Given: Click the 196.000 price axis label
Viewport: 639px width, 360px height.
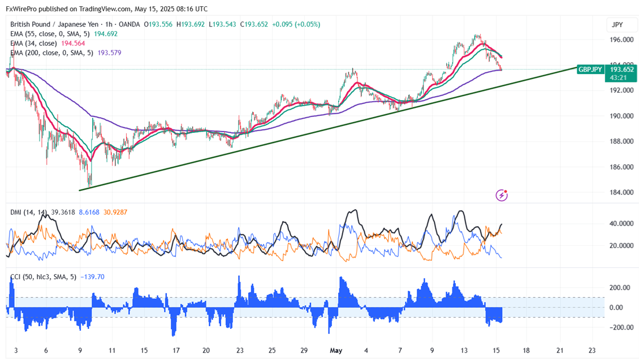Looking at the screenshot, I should pos(621,40).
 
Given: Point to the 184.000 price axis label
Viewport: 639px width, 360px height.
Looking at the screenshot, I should pos(621,193).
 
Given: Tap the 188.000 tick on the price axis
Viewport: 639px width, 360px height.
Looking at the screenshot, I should pos(621,142).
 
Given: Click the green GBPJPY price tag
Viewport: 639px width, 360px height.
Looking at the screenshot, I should pos(590,69).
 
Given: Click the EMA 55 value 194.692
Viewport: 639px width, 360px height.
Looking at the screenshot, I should pos(105,34).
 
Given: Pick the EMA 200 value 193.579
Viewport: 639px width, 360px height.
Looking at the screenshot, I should pos(110,53).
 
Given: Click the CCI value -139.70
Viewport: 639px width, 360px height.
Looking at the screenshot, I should pos(92,277).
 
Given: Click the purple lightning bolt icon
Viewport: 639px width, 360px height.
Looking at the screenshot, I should pos(502,196).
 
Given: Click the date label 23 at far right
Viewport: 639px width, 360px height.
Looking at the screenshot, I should pos(591,350).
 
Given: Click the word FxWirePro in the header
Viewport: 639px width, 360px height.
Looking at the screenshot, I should pos(24,9).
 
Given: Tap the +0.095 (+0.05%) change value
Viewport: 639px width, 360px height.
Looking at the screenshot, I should pos(296,25).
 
